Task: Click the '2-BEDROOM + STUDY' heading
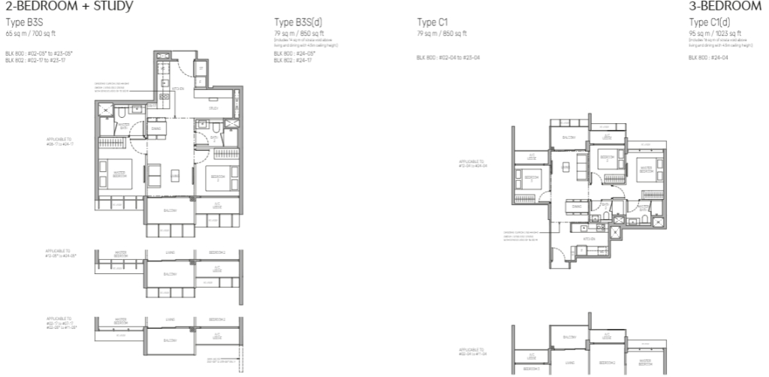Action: pos(69,6)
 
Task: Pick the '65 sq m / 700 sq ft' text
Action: pos(32,34)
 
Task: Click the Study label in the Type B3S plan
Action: pos(213,107)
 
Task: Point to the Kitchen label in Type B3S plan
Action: pos(178,89)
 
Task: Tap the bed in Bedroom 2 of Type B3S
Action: pos(222,178)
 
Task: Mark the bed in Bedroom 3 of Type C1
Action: pos(523,180)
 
